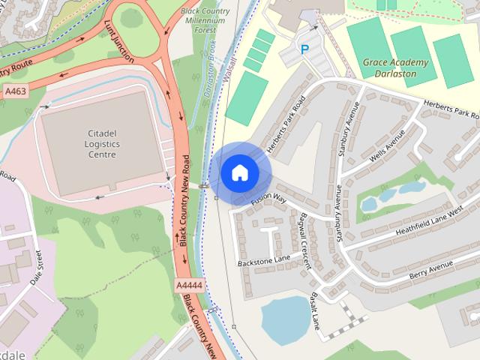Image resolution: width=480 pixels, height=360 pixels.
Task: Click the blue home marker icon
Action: point(239,172)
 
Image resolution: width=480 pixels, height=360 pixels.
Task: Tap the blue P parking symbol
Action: point(304,49)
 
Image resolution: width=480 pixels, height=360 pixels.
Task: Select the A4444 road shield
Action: point(190,286)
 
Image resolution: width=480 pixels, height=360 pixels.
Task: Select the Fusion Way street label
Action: point(269,199)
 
